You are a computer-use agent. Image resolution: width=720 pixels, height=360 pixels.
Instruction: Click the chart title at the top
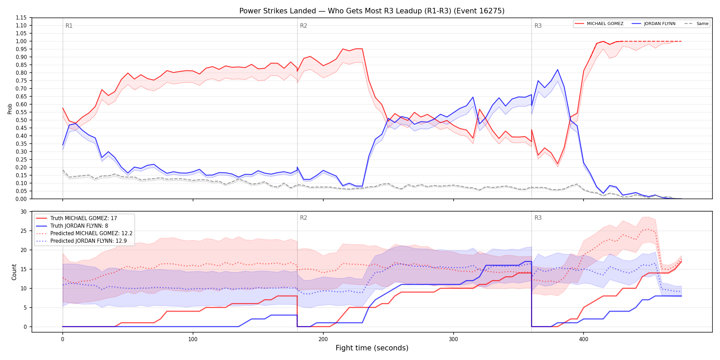coord(372,11)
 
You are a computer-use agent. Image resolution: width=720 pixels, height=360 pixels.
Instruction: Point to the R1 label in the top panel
coord(69,26)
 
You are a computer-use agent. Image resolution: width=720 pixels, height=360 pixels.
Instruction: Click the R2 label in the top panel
coord(303,26)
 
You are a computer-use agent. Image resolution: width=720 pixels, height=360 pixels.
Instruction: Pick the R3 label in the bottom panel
coord(538,218)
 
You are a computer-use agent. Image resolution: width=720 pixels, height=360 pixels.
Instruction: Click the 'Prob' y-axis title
coord(10,109)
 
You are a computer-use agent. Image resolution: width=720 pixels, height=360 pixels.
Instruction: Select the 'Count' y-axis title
coord(14,272)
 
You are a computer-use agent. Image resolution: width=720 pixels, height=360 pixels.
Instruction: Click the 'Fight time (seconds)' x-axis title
coord(372,348)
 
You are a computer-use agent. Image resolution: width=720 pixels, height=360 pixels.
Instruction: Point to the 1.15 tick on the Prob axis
coord(21,18)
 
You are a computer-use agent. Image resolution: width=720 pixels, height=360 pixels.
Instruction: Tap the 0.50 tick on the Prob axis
coord(21,120)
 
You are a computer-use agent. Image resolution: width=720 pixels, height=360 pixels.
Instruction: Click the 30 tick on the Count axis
coord(23,212)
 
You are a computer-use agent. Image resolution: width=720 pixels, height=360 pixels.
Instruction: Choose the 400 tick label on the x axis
coord(584,339)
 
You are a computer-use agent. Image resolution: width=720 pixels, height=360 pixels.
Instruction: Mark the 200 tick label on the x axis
coord(323,339)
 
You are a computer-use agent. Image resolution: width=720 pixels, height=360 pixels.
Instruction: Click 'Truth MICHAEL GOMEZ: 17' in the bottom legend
coord(84,218)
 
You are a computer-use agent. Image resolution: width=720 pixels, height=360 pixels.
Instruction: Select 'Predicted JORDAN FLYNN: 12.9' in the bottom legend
coord(88,241)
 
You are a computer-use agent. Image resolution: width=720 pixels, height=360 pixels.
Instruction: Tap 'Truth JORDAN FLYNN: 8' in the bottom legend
coord(79,226)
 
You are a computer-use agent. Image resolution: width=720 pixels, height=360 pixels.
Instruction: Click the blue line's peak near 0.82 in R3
coord(557,70)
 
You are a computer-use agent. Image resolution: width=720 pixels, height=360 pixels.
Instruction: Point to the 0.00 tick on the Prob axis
coord(21,199)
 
